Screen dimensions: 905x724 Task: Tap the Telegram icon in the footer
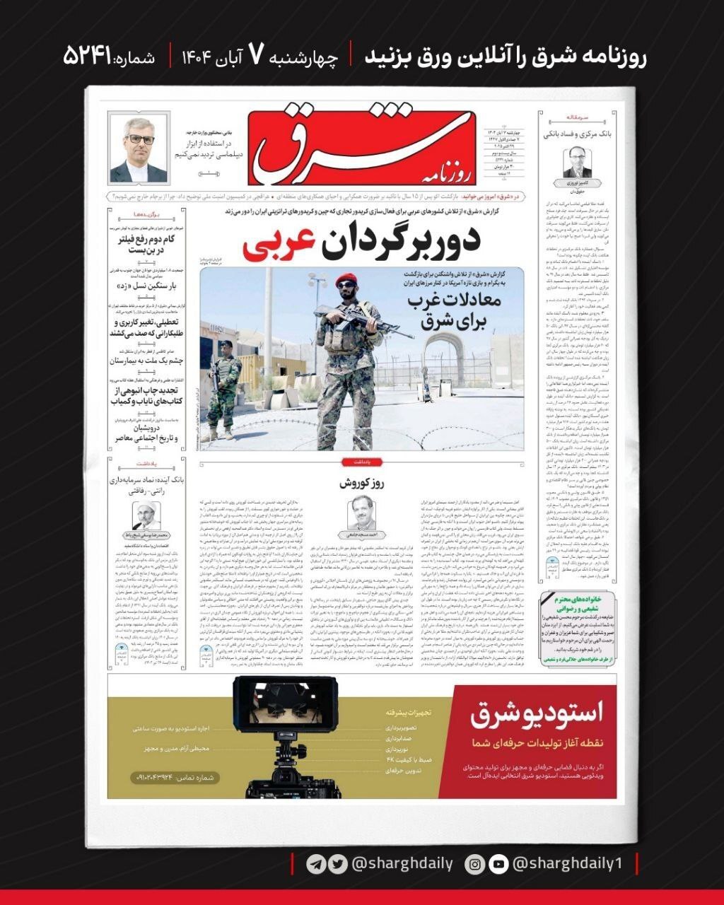pos(316,864)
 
